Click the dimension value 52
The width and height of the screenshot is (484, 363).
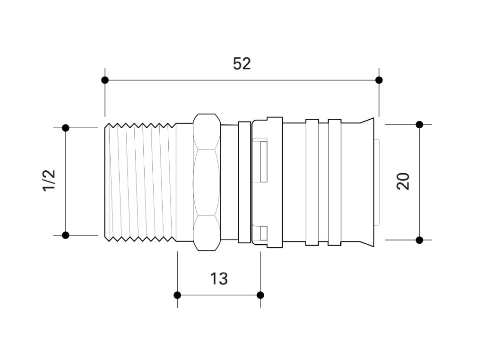tap(242, 64)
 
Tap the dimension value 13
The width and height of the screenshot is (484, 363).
tap(219, 279)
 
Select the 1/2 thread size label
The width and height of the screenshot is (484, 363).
tap(49, 181)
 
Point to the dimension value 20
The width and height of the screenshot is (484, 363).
tap(403, 181)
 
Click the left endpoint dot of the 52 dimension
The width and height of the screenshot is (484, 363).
tap(105, 80)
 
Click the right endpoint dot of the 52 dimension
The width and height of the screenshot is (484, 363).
tap(379, 80)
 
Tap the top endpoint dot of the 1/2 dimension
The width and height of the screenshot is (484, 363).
tap(65, 128)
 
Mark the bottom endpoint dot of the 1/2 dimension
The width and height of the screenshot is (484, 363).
tap(65, 235)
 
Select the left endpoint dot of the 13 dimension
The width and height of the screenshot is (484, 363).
tap(177, 295)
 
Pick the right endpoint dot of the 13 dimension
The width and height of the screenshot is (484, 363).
tap(260, 295)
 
